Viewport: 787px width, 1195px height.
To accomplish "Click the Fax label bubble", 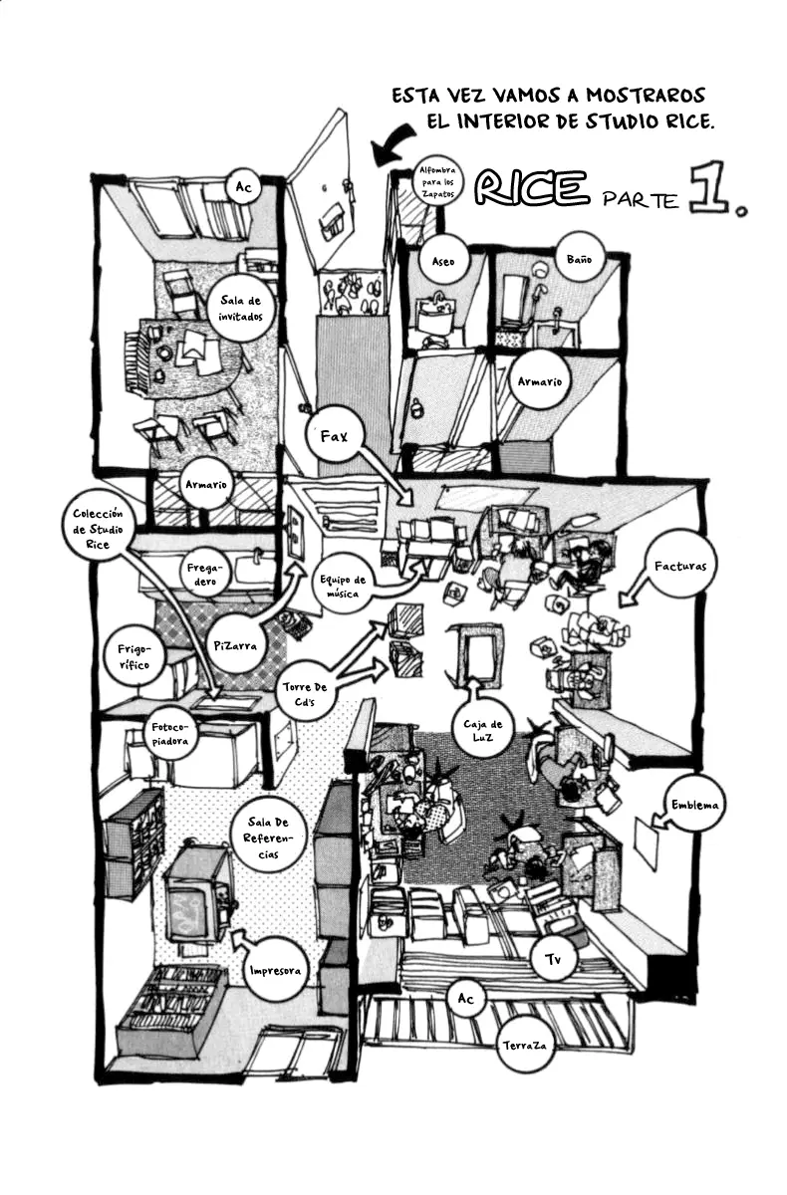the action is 335,437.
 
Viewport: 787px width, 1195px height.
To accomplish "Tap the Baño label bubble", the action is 579,259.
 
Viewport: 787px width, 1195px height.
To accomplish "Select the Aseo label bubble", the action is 443,261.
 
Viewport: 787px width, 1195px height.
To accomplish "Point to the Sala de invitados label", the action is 242,309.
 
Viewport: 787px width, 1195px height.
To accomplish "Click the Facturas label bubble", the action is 679,567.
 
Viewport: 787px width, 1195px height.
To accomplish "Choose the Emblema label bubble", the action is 694,805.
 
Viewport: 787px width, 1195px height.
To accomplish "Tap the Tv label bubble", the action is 553,960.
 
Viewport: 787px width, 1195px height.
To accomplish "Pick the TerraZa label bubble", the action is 524,1046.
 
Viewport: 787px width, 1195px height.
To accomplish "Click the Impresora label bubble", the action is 275,971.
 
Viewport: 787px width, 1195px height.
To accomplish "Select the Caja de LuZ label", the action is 483,731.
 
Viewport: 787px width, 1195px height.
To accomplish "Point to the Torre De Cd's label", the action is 305,694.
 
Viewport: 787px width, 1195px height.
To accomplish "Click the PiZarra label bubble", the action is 235,645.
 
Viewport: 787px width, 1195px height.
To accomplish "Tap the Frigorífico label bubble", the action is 133,657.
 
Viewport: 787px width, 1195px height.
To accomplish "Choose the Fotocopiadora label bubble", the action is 169,734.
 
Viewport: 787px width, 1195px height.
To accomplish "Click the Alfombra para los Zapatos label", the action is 437,182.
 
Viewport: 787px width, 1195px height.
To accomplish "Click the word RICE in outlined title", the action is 532,187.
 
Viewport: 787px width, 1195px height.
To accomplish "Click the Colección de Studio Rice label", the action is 99,529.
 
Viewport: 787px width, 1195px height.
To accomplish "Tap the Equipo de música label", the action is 343,587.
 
